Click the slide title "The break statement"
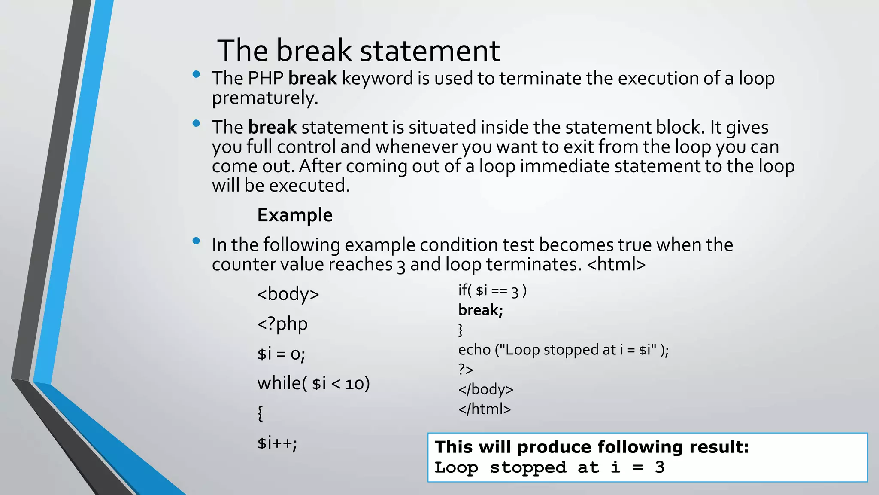pyautogui.click(x=358, y=51)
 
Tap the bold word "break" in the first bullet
pyautogui.click(x=312, y=79)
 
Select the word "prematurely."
pyautogui.click(x=265, y=98)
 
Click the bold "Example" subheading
pyautogui.click(x=295, y=215)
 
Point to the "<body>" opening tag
pyautogui.click(x=288, y=294)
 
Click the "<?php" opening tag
pyautogui.click(x=282, y=324)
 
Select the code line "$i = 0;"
pyautogui.click(x=281, y=354)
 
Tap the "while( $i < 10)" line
pyautogui.click(x=313, y=383)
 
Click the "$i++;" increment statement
pyautogui.click(x=277, y=443)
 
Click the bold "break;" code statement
pyautogui.click(x=480, y=310)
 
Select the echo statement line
pyautogui.click(x=563, y=350)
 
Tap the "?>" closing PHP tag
pyautogui.click(x=466, y=370)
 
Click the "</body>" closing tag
pyautogui.click(x=485, y=389)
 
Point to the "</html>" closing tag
pyautogui.click(x=485, y=409)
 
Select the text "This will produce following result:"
pyautogui.click(x=591, y=447)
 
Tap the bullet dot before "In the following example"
pyautogui.click(x=197, y=241)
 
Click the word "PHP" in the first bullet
pyautogui.click(x=266, y=79)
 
